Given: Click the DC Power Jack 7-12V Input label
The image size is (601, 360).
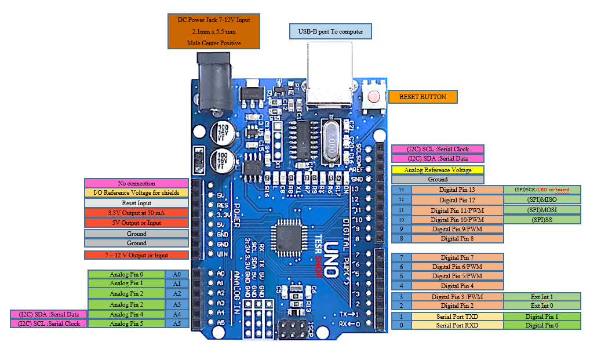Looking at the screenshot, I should [x=214, y=31].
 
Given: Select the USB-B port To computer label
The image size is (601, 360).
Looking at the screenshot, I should [x=330, y=31].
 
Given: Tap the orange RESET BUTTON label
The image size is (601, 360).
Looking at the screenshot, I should [x=423, y=97].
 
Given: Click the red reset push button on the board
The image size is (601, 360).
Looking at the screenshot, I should [x=374, y=96].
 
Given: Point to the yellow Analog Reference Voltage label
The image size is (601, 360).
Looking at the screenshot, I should [x=438, y=170].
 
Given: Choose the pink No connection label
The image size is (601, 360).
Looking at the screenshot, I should [x=136, y=183].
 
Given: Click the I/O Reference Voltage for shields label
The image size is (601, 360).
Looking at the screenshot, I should [x=136, y=192].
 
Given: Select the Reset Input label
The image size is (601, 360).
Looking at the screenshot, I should [x=136, y=203].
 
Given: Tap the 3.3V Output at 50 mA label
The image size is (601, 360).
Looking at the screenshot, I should [x=136, y=213].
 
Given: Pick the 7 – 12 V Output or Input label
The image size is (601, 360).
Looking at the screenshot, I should [x=136, y=255].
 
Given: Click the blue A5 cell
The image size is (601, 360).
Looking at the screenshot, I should [x=177, y=323].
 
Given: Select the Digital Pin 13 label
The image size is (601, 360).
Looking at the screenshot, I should [x=457, y=190].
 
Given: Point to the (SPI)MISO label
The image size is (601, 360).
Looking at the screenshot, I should [x=542, y=199].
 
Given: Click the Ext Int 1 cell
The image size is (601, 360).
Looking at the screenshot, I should [x=542, y=296].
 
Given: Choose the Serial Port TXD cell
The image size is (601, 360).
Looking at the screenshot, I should [x=457, y=317].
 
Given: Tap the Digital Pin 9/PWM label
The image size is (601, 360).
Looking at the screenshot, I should [x=457, y=229].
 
